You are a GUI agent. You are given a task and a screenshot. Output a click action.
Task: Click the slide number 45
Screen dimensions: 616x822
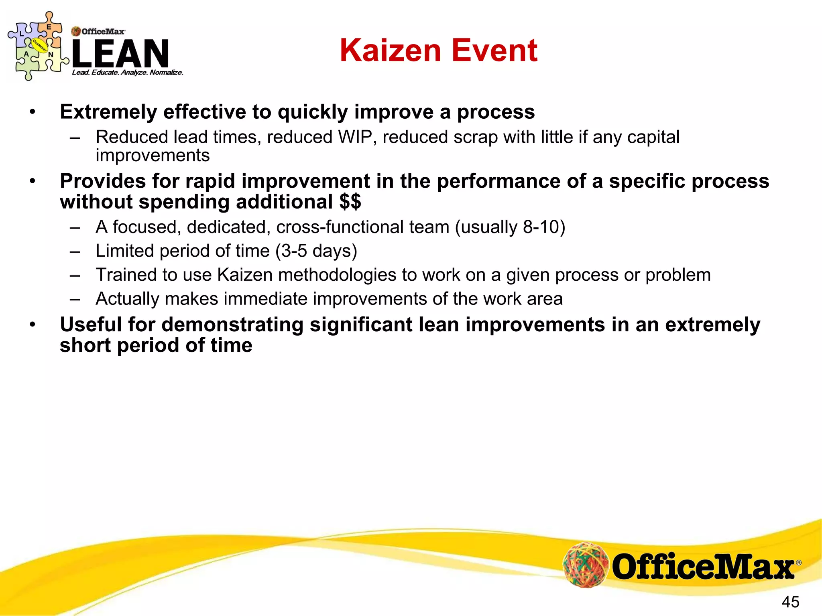(x=790, y=602)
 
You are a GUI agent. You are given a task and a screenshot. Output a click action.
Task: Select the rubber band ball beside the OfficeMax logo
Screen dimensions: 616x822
(x=586, y=564)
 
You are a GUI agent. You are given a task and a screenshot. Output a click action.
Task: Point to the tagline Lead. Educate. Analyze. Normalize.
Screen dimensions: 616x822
(x=128, y=73)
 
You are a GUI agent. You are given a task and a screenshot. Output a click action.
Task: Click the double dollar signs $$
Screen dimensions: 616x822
(x=350, y=201)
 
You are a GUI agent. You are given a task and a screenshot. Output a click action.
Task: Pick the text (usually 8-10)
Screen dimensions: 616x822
(x=510, y=227)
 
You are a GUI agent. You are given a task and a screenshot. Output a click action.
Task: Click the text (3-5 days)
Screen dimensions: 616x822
(x=316, y=251)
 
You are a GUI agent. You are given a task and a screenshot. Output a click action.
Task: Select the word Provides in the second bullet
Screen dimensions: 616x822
(x=103, y=181)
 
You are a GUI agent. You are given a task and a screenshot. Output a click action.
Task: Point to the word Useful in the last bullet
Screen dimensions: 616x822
(x=91, y=324)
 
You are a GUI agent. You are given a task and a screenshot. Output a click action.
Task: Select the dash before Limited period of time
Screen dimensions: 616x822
(x=75, y=252)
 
